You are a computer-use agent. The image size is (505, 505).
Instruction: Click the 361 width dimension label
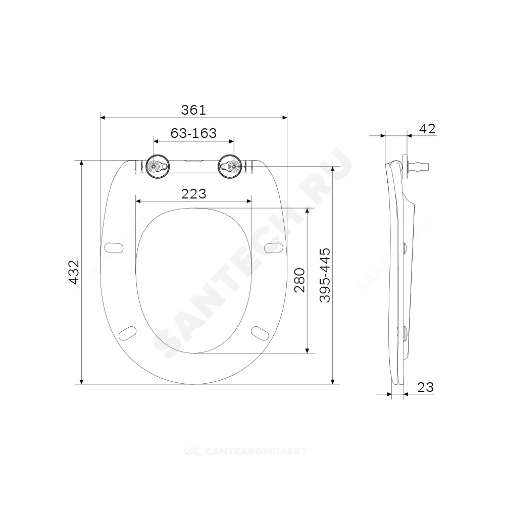point(193,110)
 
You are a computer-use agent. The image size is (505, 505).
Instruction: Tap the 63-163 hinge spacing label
point(193,133)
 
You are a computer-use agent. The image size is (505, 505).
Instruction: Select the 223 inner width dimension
point(193,194)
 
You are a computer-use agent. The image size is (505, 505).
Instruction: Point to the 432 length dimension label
point(74,272)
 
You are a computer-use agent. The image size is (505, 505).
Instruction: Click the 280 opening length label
point(299,280)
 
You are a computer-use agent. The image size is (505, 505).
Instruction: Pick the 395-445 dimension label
point(325,275)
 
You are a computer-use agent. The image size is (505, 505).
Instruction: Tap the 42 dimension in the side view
point(427,129)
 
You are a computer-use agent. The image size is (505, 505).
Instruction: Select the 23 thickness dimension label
point(425,387)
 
